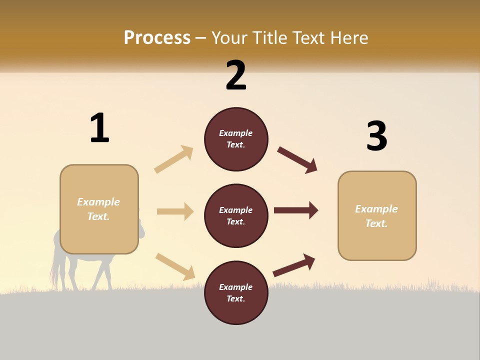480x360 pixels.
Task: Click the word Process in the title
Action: pos(157,37)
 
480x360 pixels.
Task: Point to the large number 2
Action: pos(236,75)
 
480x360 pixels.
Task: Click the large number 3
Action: pos(376,136)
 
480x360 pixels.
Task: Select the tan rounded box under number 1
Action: pos(99,209)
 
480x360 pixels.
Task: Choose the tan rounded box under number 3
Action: pos(377,215)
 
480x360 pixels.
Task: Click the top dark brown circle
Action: pos(236,139)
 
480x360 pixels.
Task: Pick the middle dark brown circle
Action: pos(236,215)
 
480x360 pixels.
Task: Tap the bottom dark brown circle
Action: pos(236,292)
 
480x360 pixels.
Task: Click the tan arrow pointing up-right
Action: pos(174,159)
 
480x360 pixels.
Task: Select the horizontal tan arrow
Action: pos(175,211)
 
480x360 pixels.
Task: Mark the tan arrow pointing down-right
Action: pos(175,266)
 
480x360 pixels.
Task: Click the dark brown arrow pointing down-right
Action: pos(297,160)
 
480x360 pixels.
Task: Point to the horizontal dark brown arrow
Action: pos(296,210)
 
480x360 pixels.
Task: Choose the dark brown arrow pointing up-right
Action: pos(294,265)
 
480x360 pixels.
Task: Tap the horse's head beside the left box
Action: pos(141,229)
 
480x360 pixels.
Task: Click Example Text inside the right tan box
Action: pos(376,216)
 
